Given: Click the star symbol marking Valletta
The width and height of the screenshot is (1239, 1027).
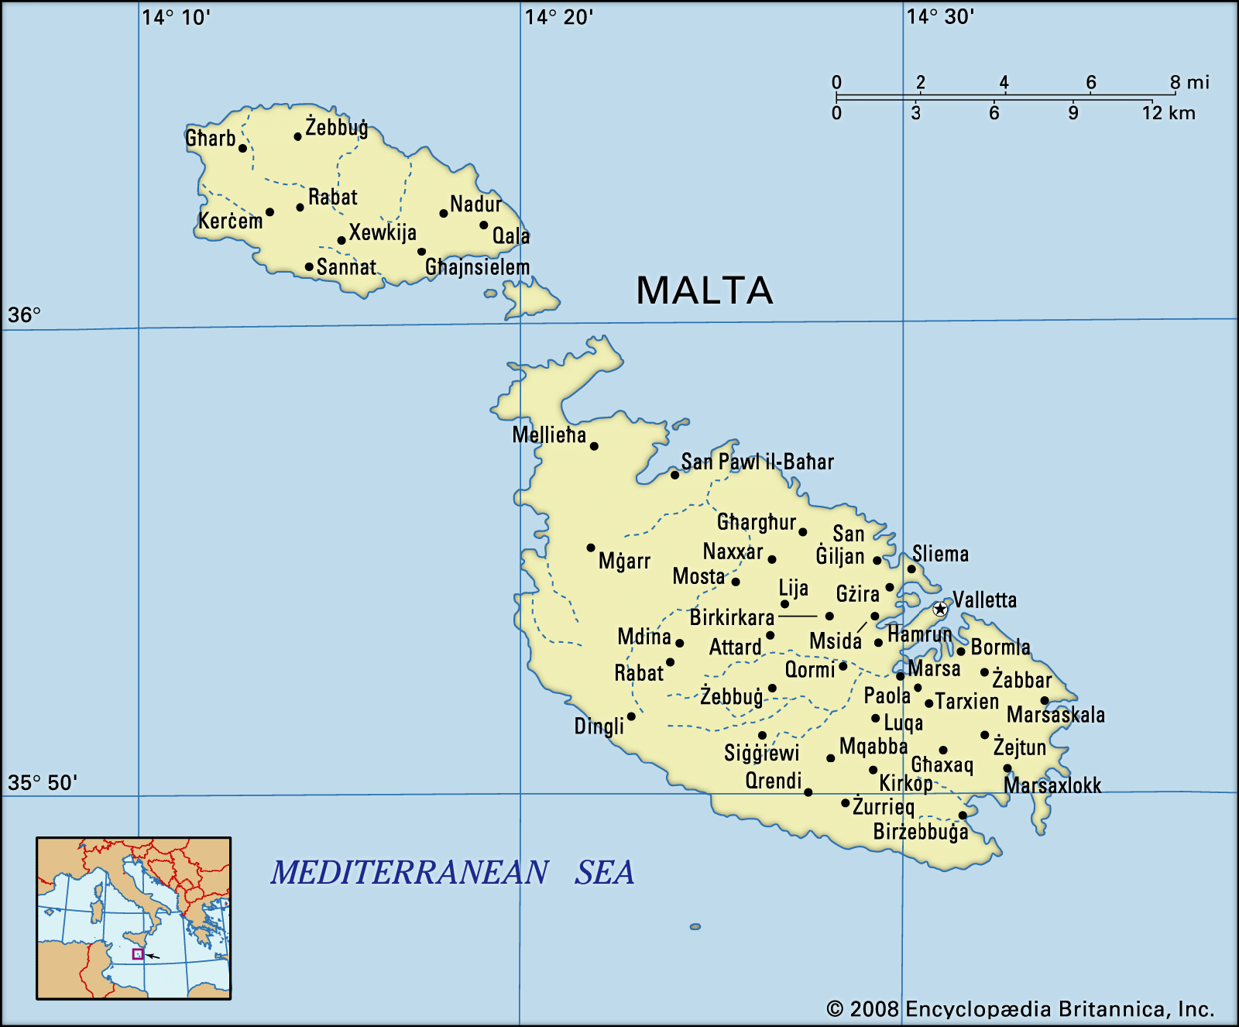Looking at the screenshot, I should pyautogui.click(x=939, y=609).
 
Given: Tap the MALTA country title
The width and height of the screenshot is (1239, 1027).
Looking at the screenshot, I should pyautogui.click(x=704, y=291).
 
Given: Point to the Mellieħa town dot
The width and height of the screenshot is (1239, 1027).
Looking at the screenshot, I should pyautogui.click(x=594, y=446).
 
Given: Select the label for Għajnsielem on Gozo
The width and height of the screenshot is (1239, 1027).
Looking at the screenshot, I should pyautogui.click(x=477, y=267).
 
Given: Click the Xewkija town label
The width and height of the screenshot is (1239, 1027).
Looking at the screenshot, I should pyautogui.click(x=383, y=232).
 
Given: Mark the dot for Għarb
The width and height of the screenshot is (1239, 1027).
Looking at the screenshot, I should pyautogui.click(x=242, y=148).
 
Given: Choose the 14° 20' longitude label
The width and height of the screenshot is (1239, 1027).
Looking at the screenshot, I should pyautogui.click(x=559, y=17).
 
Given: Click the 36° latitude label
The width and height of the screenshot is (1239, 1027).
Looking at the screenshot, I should pyautogui.click(x=24, y=315).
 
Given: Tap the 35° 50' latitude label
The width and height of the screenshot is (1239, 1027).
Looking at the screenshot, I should pyautogui.click(x=43, y=782).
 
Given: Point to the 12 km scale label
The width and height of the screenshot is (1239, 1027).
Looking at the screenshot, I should pyautogui.click(x=1168, y=113).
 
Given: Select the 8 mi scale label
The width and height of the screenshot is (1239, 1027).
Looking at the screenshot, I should pyautogui.click(x=1189, y=82).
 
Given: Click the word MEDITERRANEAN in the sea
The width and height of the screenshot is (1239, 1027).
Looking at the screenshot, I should pyautogui.click(x=410, y=873).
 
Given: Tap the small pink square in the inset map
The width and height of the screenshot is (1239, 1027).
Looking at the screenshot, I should pyautogui.click(x=138, y=954).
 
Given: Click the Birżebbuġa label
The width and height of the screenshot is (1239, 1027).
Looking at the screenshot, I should pyautogui.click(x=920, y=833).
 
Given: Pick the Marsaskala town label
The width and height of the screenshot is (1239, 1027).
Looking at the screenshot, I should pyautogui.click(x=1055, y=715).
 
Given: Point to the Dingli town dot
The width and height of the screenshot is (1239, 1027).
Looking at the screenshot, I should pyautogui.click(x=631, y=716).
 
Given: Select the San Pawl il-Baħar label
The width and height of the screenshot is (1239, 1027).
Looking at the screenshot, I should pyautogui.click(x=757, y=462).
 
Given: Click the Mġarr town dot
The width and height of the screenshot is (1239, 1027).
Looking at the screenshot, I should pyautogui.click(x=591, y=548).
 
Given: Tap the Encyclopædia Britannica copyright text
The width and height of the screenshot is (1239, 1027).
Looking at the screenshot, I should pyautogui.click(x=1020, y=1009).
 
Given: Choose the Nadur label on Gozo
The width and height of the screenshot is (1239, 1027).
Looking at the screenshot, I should pyautogui.click(x=475, y=204).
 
